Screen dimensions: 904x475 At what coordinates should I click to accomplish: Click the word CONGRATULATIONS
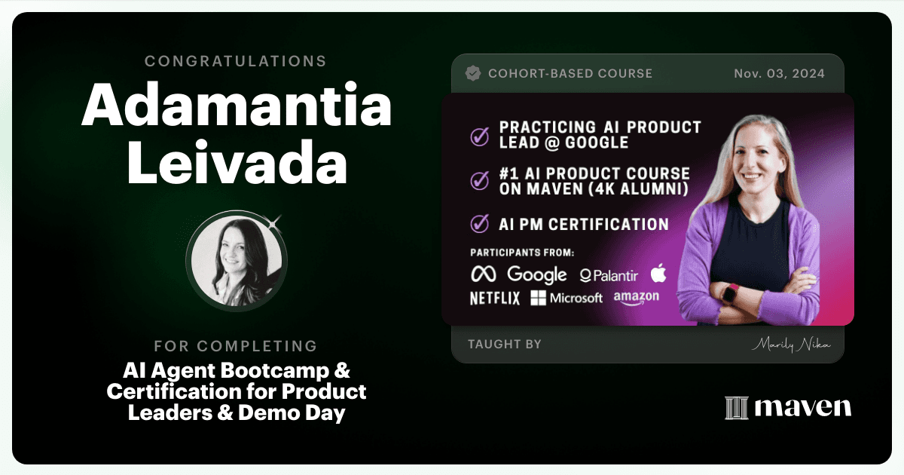[236, 61]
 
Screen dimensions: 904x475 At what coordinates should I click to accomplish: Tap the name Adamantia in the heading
[237, 104]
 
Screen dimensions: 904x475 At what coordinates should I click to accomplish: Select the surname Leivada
[237, 161]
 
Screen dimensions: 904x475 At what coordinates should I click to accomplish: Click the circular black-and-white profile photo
[237, 261]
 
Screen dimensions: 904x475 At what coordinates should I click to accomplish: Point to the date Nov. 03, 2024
[779, 74]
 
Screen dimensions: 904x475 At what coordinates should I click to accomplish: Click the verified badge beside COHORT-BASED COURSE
[473, 74]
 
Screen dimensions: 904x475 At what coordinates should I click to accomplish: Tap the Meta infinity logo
[484, 274]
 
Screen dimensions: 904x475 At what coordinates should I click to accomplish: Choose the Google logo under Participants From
[536, 274]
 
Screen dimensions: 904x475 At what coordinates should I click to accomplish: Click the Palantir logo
[609, 275]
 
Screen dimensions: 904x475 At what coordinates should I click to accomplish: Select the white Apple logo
[658, 273]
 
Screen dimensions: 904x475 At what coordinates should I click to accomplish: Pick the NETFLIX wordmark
[495, 299]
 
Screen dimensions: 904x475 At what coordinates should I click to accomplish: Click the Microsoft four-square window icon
[538, 298]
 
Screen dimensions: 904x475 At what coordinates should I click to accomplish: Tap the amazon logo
[637, 298]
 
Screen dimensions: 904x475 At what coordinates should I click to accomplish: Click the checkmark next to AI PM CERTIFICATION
[479, 223]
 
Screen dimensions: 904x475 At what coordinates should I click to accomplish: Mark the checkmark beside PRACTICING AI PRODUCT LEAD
[479, 136]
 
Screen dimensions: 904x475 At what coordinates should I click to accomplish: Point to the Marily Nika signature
[791, 345]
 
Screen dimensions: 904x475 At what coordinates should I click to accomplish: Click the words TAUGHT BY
[505, 344]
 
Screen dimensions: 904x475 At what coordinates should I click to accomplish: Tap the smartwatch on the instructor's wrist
[731, 294]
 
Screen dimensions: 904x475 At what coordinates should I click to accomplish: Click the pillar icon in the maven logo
[737, 408]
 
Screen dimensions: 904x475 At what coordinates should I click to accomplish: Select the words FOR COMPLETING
[236, 346]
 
